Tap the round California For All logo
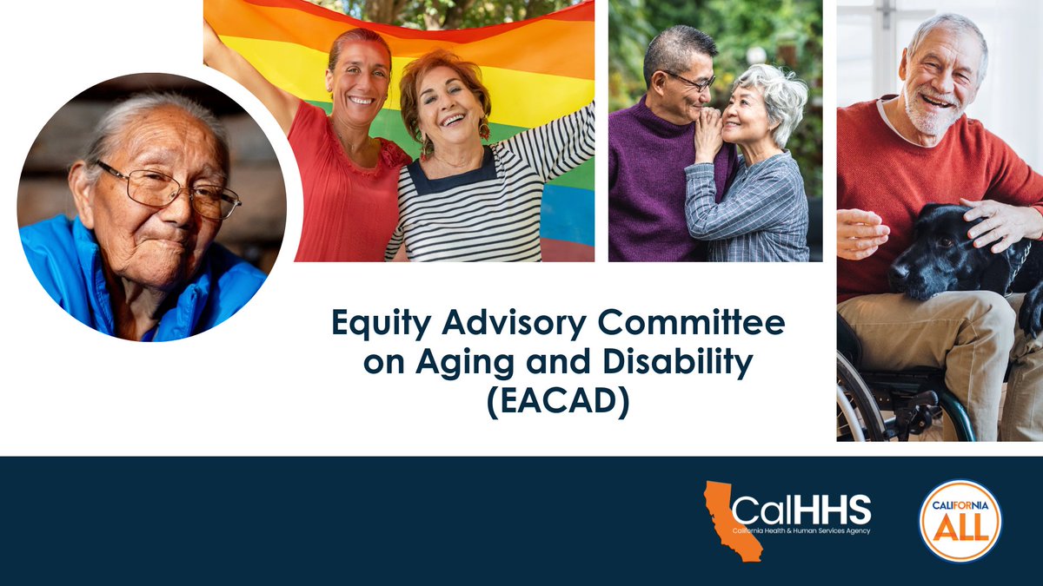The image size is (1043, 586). point(960,521)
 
